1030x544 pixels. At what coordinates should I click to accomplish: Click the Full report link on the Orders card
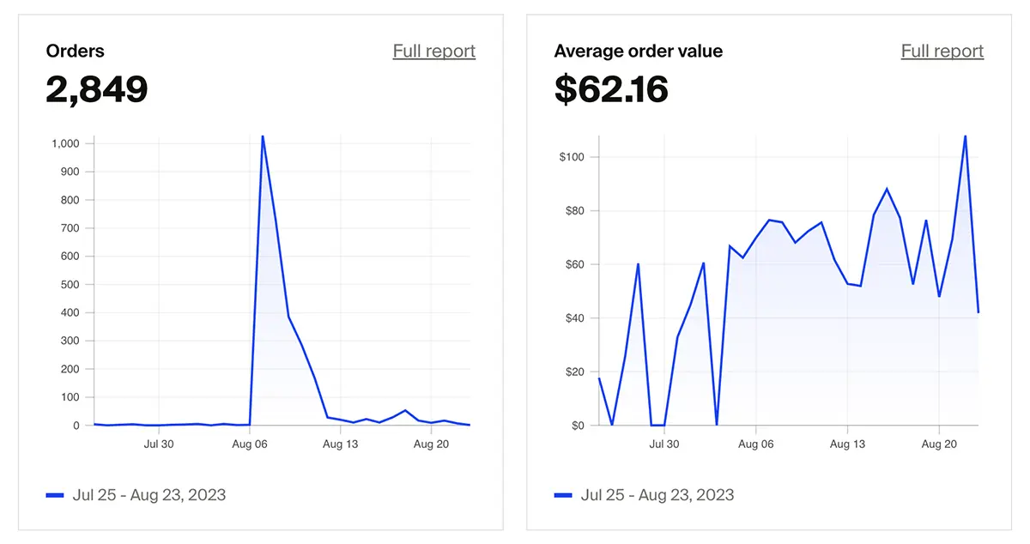pos(433,51)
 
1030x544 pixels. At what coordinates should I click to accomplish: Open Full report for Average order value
pos(942,51)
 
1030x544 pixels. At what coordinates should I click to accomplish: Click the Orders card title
pos(76,51)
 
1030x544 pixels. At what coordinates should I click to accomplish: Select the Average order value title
pos(638,51)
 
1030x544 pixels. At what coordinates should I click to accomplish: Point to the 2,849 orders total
pos(97,89)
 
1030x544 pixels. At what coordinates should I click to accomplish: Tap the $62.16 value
pos(611,89)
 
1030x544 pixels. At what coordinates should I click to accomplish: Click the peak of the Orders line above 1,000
pos(263,136)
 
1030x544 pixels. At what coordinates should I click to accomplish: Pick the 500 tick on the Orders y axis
pos(70,285)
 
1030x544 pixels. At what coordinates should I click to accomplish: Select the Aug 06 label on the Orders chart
pos(249,444)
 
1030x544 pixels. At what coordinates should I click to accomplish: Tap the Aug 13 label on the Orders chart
pos(340,444)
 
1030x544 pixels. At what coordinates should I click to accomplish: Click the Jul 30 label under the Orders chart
pos(158,444)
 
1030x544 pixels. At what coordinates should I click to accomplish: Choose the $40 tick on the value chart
pos(573,318)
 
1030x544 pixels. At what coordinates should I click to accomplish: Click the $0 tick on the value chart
pos(577,426)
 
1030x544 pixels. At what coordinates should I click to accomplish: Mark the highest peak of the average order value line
pos(965,136)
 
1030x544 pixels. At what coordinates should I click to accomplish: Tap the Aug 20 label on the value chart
pos(938,444)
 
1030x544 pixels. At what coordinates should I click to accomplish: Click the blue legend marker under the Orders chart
pos(55,495)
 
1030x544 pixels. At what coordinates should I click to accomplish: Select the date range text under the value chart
pos(657,495)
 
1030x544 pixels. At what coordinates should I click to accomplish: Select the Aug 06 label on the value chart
pos(756,444)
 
